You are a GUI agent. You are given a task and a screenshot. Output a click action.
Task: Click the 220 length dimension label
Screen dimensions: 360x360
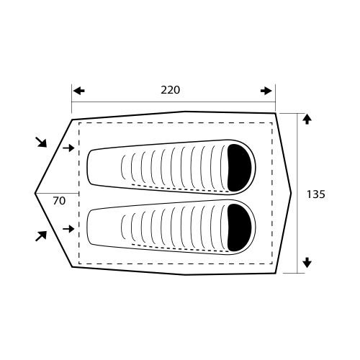[170, 90]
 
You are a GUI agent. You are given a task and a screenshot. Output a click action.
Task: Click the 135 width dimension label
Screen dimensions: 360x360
[316, 194]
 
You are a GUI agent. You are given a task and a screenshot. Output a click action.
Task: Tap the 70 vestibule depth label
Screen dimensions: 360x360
[59, 201]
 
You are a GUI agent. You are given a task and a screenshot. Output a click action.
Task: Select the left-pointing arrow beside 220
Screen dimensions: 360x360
[78, 91]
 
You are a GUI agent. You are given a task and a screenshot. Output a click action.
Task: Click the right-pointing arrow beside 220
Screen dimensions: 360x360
[266, 91]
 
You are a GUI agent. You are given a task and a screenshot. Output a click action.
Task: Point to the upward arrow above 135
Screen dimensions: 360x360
[307, 119]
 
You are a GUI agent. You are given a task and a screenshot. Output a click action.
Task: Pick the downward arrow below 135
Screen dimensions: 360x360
[307, 263]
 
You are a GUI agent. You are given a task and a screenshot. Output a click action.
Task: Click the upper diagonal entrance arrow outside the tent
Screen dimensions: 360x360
[41, 142]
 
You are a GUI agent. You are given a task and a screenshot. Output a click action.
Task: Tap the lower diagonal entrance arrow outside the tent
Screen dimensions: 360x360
[41, 236]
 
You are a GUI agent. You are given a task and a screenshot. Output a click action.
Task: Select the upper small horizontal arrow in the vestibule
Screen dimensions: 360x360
[68, 148]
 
